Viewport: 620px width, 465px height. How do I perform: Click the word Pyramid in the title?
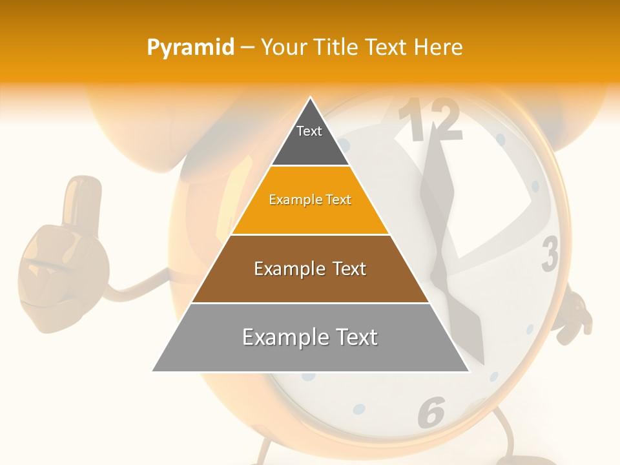click(191, 48)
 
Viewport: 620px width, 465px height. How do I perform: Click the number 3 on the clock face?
click(550, 254)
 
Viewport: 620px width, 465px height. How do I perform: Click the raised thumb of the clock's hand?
click(83, 197)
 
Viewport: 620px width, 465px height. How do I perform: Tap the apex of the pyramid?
click(311, 99)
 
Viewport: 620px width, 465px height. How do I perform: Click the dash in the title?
click(247, 48)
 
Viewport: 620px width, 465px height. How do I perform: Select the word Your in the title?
click(282, 48)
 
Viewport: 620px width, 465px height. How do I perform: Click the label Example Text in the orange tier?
click(310, 200)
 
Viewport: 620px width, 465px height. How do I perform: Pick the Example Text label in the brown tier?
click(310, 269)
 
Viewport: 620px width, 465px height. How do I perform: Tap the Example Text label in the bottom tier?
click(310, 337)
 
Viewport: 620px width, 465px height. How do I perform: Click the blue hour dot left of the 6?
click(359, 409)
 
